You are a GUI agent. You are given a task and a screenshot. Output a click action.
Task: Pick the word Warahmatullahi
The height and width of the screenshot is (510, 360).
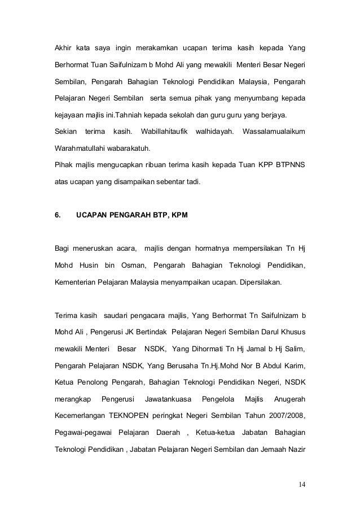point(80,149)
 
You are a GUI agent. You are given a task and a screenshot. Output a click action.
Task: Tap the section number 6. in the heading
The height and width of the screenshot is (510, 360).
point(58,215)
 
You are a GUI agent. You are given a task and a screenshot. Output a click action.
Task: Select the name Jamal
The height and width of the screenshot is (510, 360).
point(259,348)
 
